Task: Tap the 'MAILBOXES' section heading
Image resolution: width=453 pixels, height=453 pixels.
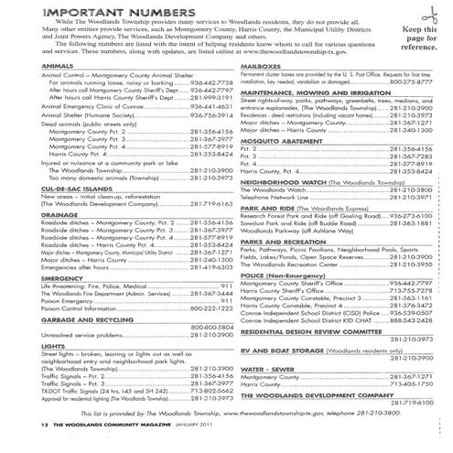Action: coord(260,66)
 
